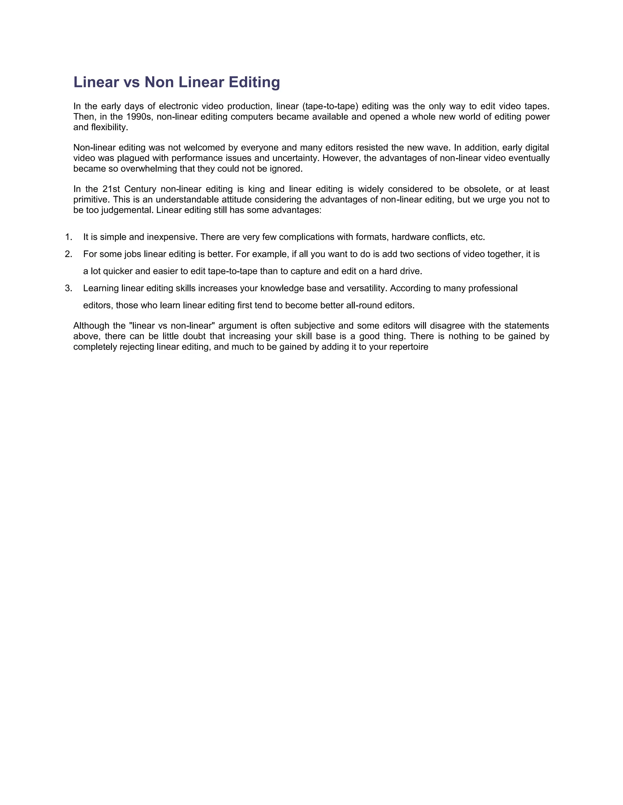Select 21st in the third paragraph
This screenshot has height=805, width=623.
coord(111,189)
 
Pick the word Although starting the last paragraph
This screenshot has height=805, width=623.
coord(89,326)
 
